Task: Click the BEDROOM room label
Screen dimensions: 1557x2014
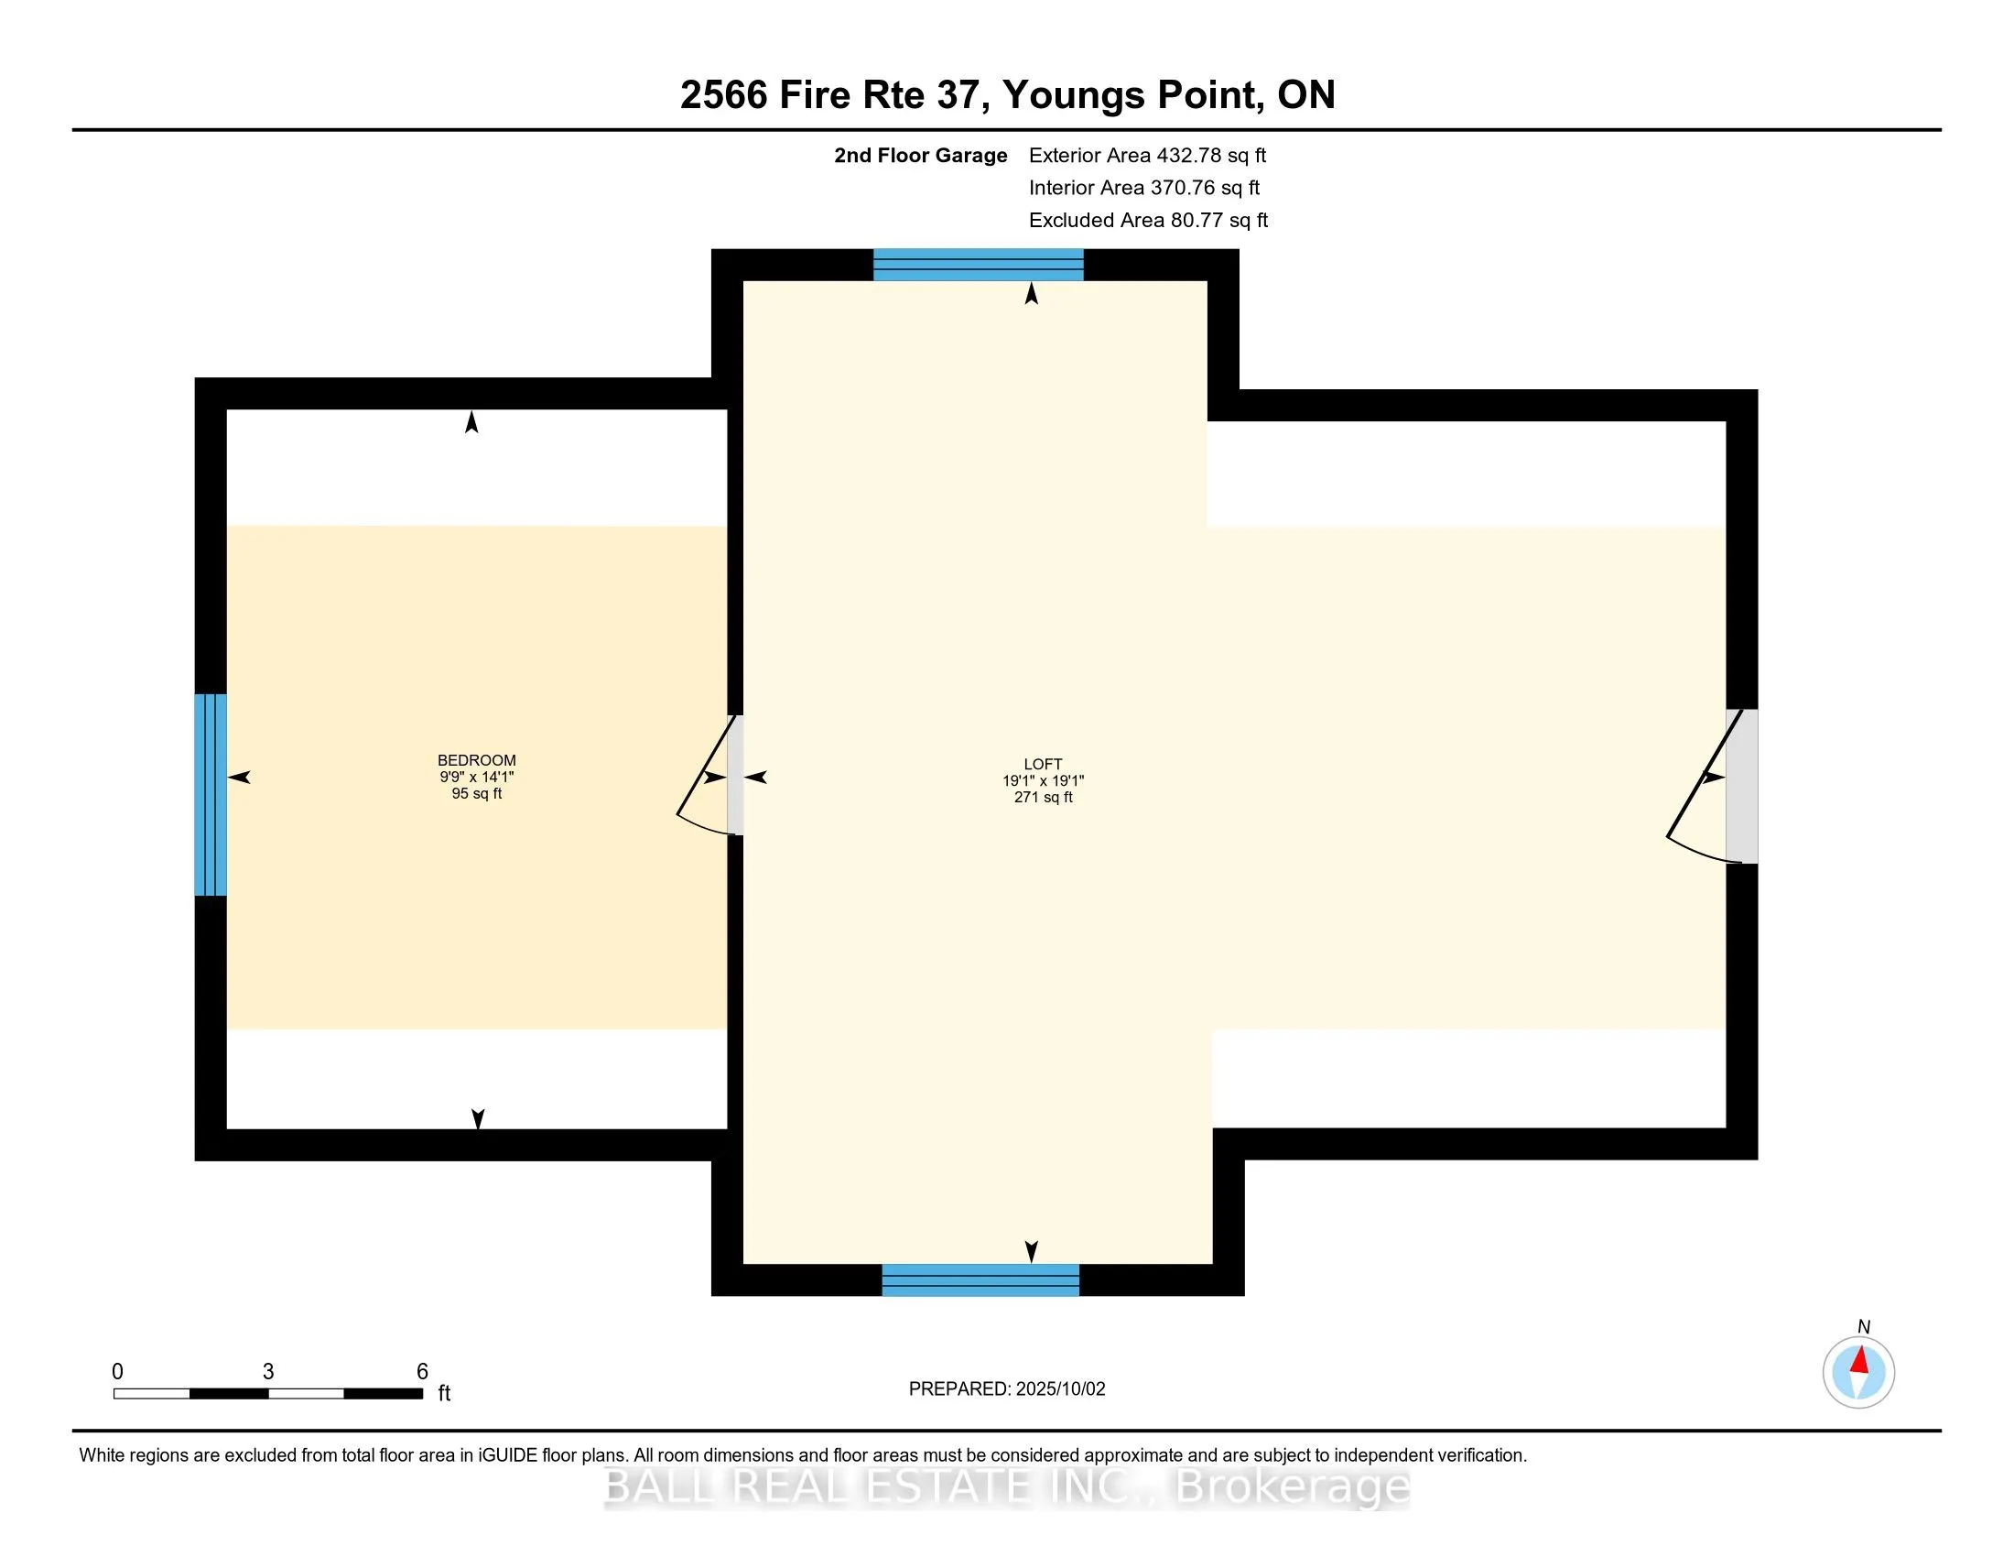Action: point(476,760)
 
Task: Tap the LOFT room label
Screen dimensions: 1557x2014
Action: point(1042,764)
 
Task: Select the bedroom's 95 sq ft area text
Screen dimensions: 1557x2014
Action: point(476,793)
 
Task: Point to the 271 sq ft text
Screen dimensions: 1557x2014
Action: point(1042,797)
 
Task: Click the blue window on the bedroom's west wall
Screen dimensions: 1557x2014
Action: point(211,794)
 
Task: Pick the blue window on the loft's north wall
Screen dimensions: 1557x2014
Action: point(978,265)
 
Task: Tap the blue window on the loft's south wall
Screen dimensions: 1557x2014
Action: point(980,1279)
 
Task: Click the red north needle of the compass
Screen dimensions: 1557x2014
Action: point(1860,1361)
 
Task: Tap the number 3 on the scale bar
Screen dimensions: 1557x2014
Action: point(268,1371)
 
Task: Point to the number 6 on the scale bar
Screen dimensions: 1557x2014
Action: point(422,1371)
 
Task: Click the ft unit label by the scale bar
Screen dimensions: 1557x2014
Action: point(444,1393)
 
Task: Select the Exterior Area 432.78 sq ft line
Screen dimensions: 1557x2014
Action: point(1147,155)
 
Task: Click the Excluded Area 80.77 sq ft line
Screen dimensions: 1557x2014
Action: point(1148,220)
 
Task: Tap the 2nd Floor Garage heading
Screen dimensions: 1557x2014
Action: point(919,155)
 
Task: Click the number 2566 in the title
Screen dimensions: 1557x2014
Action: point(723,95)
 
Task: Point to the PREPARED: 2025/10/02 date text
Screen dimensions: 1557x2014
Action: point(1006,1388)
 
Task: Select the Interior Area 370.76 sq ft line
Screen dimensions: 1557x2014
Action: point(1143,187)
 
